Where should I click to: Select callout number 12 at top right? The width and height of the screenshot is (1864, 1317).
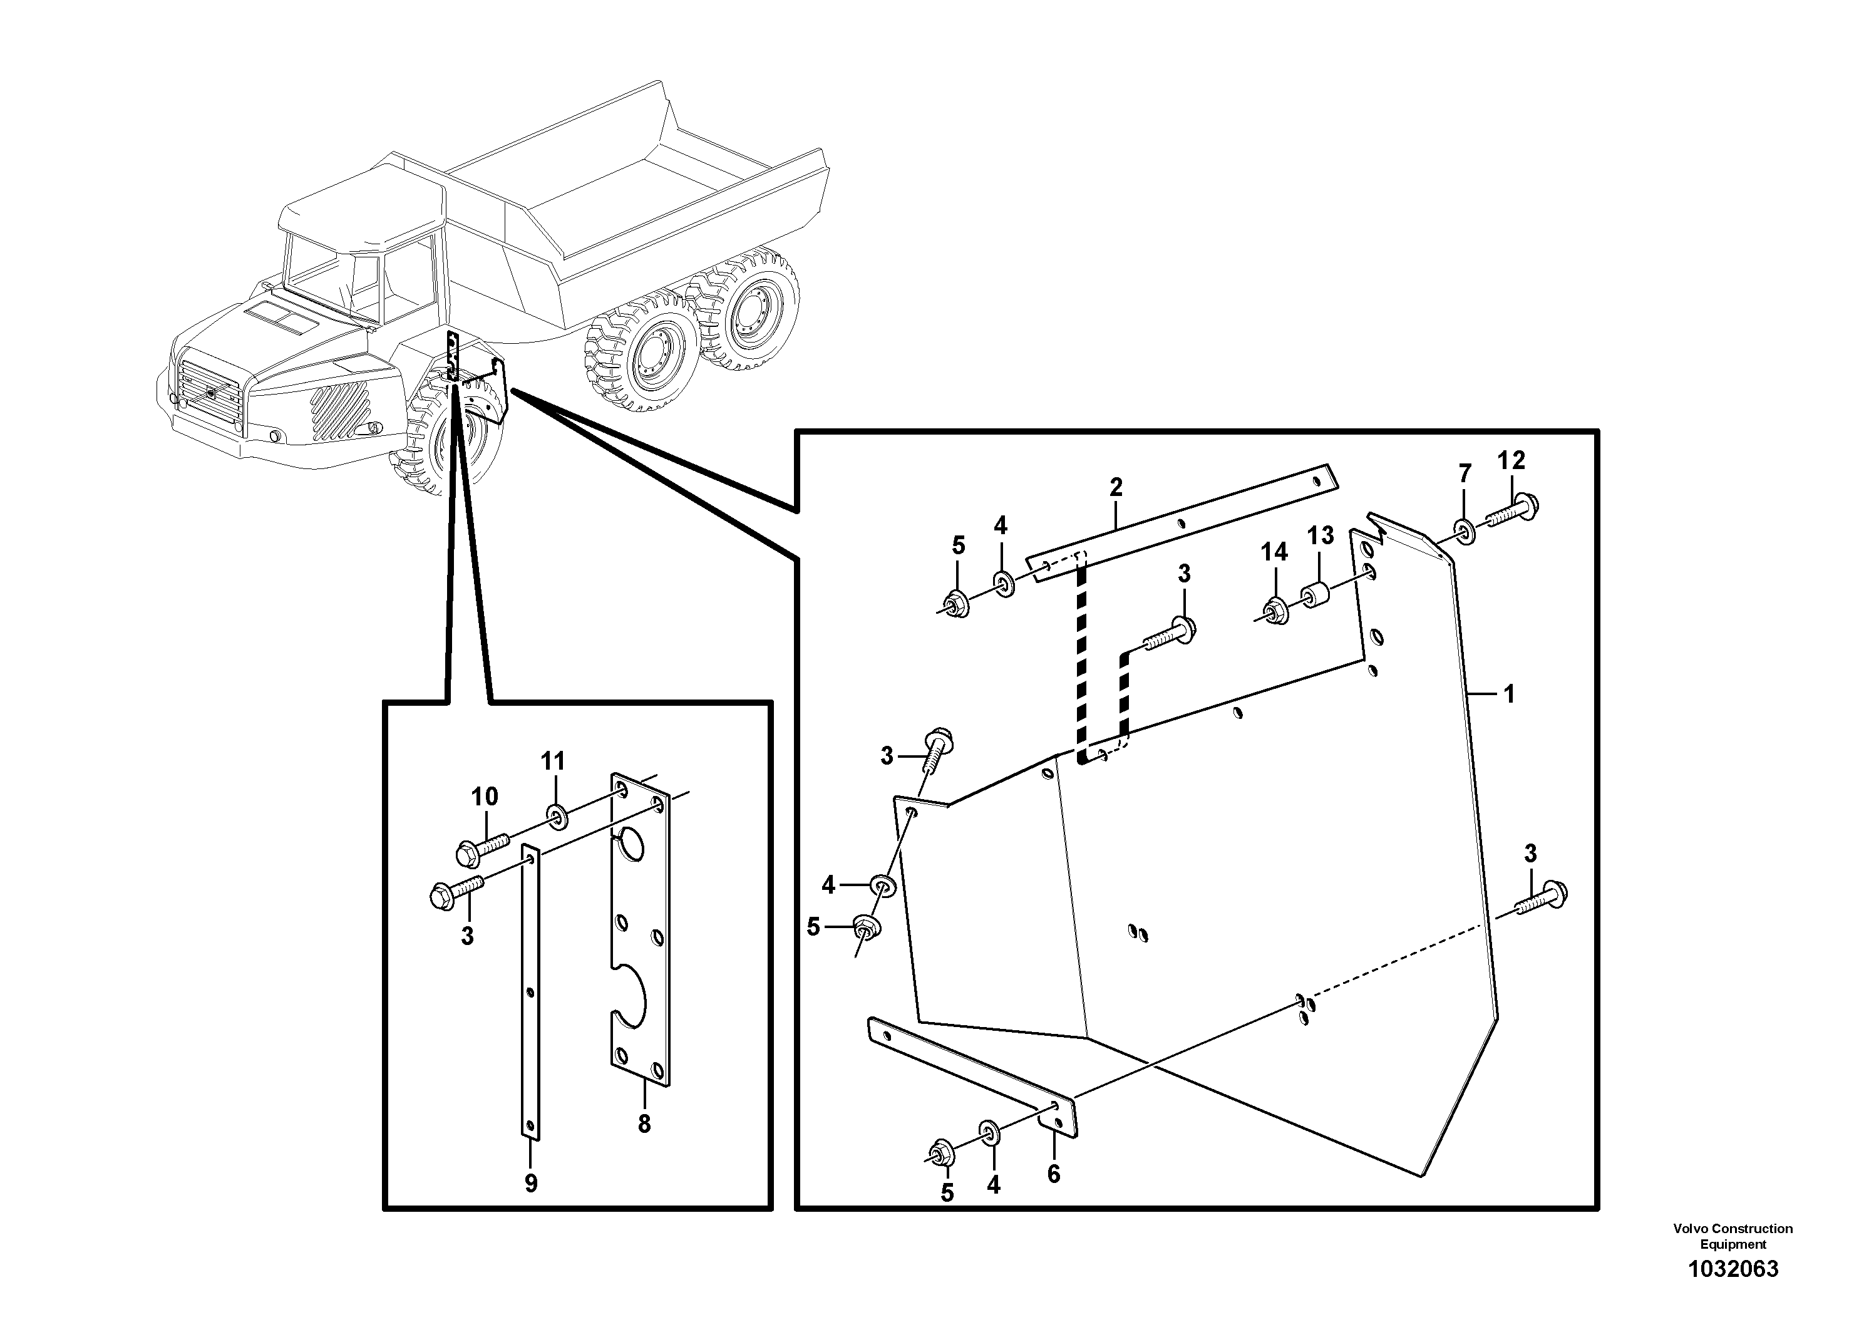(1511, 460)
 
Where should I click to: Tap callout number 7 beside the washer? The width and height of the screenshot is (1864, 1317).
(1465, 473)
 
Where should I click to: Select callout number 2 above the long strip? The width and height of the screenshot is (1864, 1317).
(1116, 487)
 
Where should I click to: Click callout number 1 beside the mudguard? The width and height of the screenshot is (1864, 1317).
(1508, 695)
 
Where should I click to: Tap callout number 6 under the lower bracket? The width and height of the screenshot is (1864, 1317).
(1054, 1174)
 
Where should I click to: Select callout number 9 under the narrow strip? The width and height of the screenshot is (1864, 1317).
(531, 1184)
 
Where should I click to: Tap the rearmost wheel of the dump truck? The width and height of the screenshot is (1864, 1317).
(748, 309)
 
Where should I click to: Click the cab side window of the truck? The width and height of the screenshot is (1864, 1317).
(410, 280)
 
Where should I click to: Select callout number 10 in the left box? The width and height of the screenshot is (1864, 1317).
(485, 797)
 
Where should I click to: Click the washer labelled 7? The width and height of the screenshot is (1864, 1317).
(1465, 532)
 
